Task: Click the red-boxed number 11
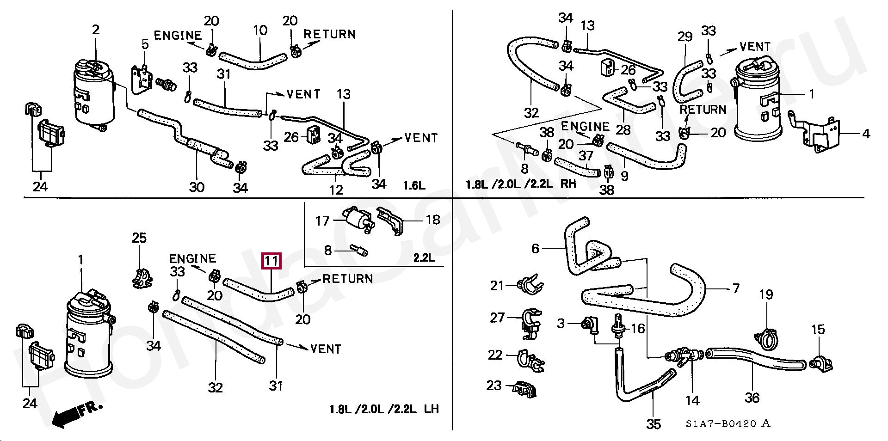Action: (271, 261)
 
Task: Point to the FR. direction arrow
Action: (74, 413)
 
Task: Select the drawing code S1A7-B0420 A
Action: (728, 423)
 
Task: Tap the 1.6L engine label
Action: (414, 186)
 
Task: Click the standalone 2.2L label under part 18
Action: (424, 257)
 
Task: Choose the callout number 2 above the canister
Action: (96, 30)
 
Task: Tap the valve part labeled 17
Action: (357, 219)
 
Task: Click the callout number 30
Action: (197, 187)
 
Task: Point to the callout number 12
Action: (336, 190)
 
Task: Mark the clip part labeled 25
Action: (142, 278)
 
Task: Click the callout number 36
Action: (752, 398)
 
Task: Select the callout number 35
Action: (654, 424)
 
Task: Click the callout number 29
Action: (684, 37)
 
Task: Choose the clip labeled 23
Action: (525, 390)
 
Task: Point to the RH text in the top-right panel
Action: (568, 184)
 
